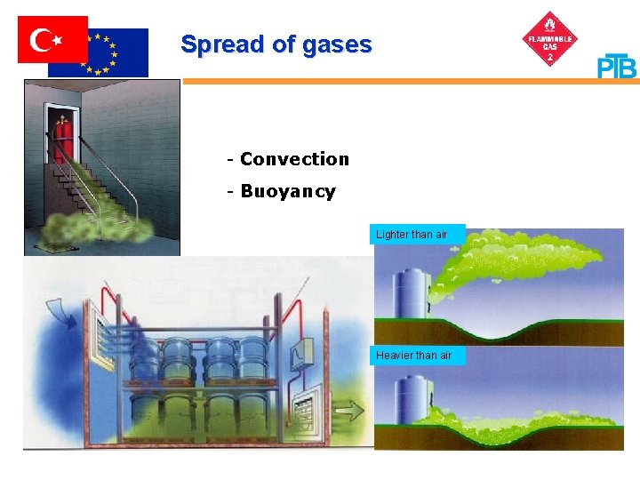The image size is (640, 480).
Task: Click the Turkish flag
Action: point(52,39)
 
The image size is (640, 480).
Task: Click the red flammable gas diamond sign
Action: point(551,39)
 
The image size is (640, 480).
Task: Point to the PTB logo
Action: point(617,66)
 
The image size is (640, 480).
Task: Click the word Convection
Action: point(294,159)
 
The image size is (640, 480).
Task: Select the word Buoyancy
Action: point(288,191)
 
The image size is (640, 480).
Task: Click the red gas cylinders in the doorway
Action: point(61,139)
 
